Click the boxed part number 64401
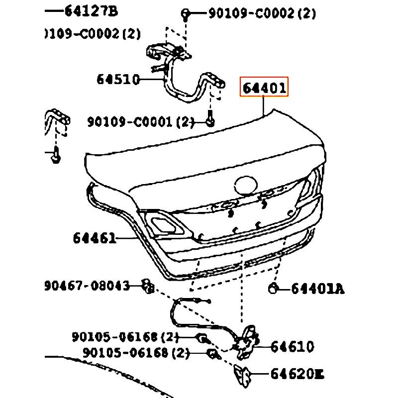pos(264,89)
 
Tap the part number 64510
pos(118,80)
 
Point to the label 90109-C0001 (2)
pos(141,121)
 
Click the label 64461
pos(95,238)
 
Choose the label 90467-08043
pos(87,286)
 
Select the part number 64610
pos(292,346)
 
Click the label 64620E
pos(297,373)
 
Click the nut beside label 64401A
pos(273,288)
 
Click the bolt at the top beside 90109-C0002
pos(185,13)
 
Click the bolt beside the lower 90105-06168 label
pos(212,354)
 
